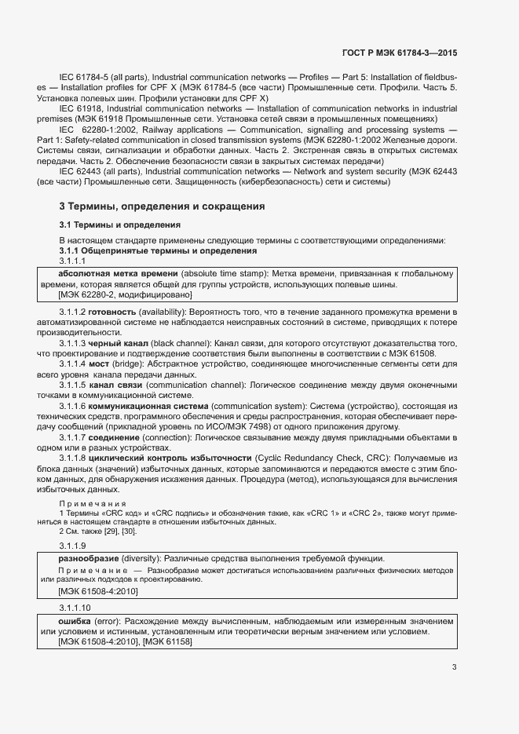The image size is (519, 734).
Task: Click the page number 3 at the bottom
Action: (455, 667)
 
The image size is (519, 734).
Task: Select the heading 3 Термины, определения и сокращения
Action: (162, 206)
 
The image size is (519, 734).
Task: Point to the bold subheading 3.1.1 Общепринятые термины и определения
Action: (158, 250)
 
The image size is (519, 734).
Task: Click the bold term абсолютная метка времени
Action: (107, 273)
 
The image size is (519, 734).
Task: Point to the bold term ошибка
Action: (75, 620)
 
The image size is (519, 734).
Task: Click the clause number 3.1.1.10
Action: (75, 607)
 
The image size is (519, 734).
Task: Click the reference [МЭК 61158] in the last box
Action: (167, 641)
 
